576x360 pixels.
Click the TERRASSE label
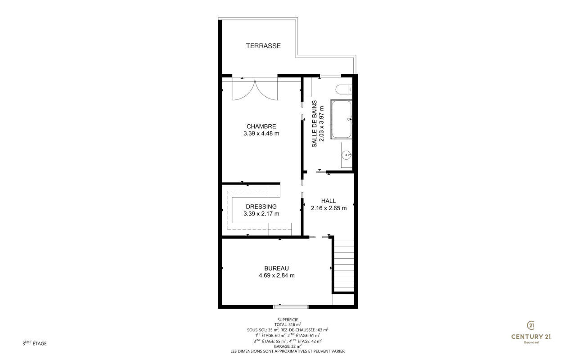tap(263, 46)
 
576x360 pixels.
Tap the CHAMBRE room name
tap(261, 126)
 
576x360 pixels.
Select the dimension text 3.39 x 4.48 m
tap(261, 134)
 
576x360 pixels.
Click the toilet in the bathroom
tap(343, 89)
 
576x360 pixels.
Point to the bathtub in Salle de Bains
tap(341, 119)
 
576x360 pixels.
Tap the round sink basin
tap(346, 155)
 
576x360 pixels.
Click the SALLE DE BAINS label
tap(314, 124)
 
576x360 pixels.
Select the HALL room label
tap(328, 201)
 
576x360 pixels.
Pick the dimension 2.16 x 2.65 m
tap(328, 208)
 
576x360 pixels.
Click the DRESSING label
tap(261, 207)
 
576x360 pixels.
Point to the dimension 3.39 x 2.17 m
tap(261, 214)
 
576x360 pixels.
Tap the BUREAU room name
tap(276, 268)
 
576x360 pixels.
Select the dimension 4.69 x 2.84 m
tap(276, 275)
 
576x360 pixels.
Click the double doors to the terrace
tap(255, 89)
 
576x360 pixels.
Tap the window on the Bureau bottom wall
tap(291, 306)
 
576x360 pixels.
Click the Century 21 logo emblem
tap(531, 325)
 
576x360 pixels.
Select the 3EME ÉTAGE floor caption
tap(35, 343)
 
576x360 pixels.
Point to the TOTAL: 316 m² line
tap(288, 324)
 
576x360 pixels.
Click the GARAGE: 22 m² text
tap(288, 346)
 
